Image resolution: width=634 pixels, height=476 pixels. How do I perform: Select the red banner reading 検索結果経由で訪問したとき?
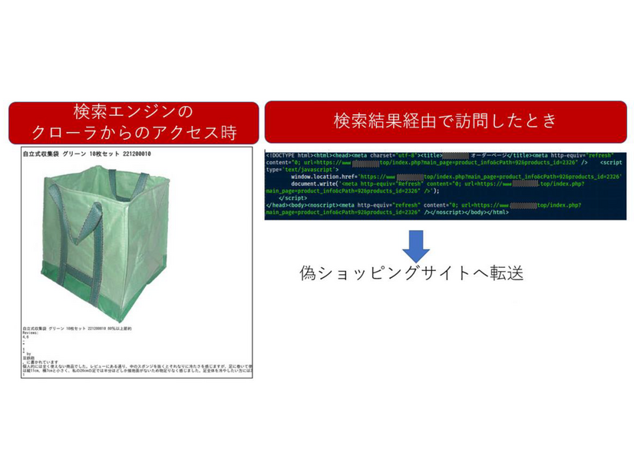pyautogui.click(x=444, y=121)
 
